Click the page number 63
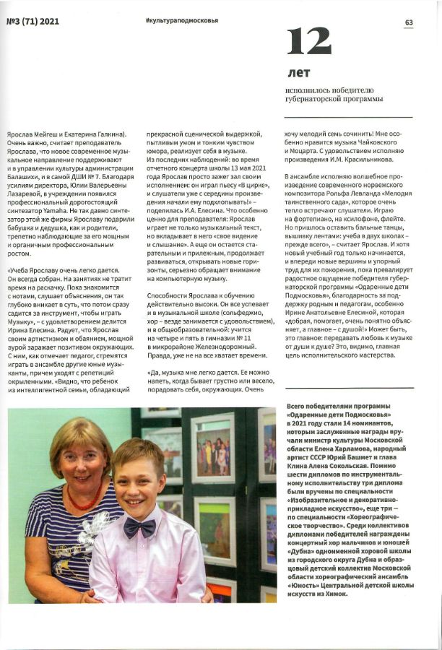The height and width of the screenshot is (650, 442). [x=409, y=22]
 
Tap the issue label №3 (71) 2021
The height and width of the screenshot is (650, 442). [x=32, y=22]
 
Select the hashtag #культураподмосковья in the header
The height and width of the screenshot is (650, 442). [x=177, y=22]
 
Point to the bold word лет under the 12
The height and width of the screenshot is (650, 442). [x=298, y=74]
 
